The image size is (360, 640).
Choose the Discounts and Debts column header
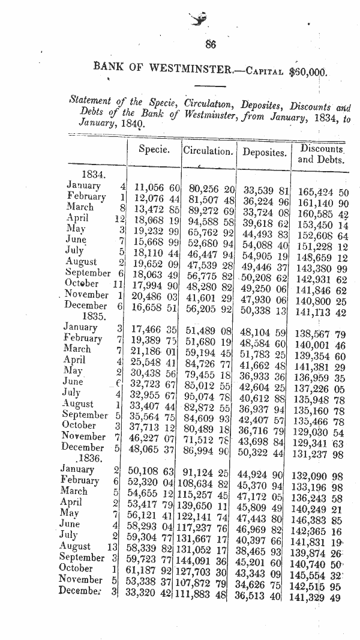[322, 154]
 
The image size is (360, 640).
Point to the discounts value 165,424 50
[323, 193]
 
